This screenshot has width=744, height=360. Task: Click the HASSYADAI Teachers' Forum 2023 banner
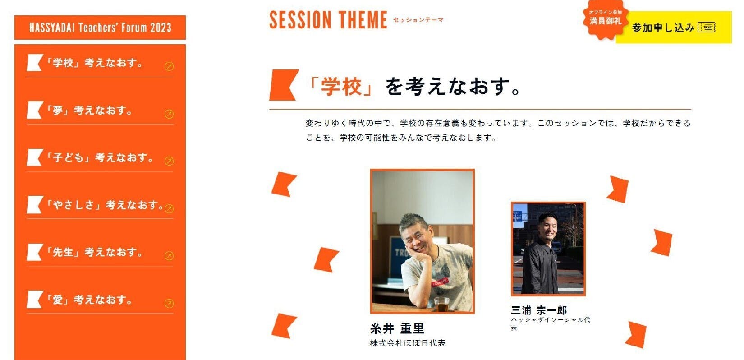[100, 28]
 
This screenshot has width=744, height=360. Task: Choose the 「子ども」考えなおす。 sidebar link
[100, 157]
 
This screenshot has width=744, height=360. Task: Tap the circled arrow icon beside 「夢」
[169, 114]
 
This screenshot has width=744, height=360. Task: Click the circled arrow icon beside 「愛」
[169, 304]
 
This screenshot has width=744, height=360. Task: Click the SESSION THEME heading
[328, 20]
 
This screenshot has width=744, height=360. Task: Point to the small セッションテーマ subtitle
[418, 20]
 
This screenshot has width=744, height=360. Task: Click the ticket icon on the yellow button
[707, 27]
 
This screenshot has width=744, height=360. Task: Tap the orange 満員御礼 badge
[605, 19]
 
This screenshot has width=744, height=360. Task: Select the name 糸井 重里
[397, 328]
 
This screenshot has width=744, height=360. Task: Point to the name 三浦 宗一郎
[539, 310]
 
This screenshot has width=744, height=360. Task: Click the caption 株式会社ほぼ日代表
[408, 343]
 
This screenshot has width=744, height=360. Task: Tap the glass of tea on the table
[442, 304]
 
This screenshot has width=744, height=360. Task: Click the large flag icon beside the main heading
[284, 85]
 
